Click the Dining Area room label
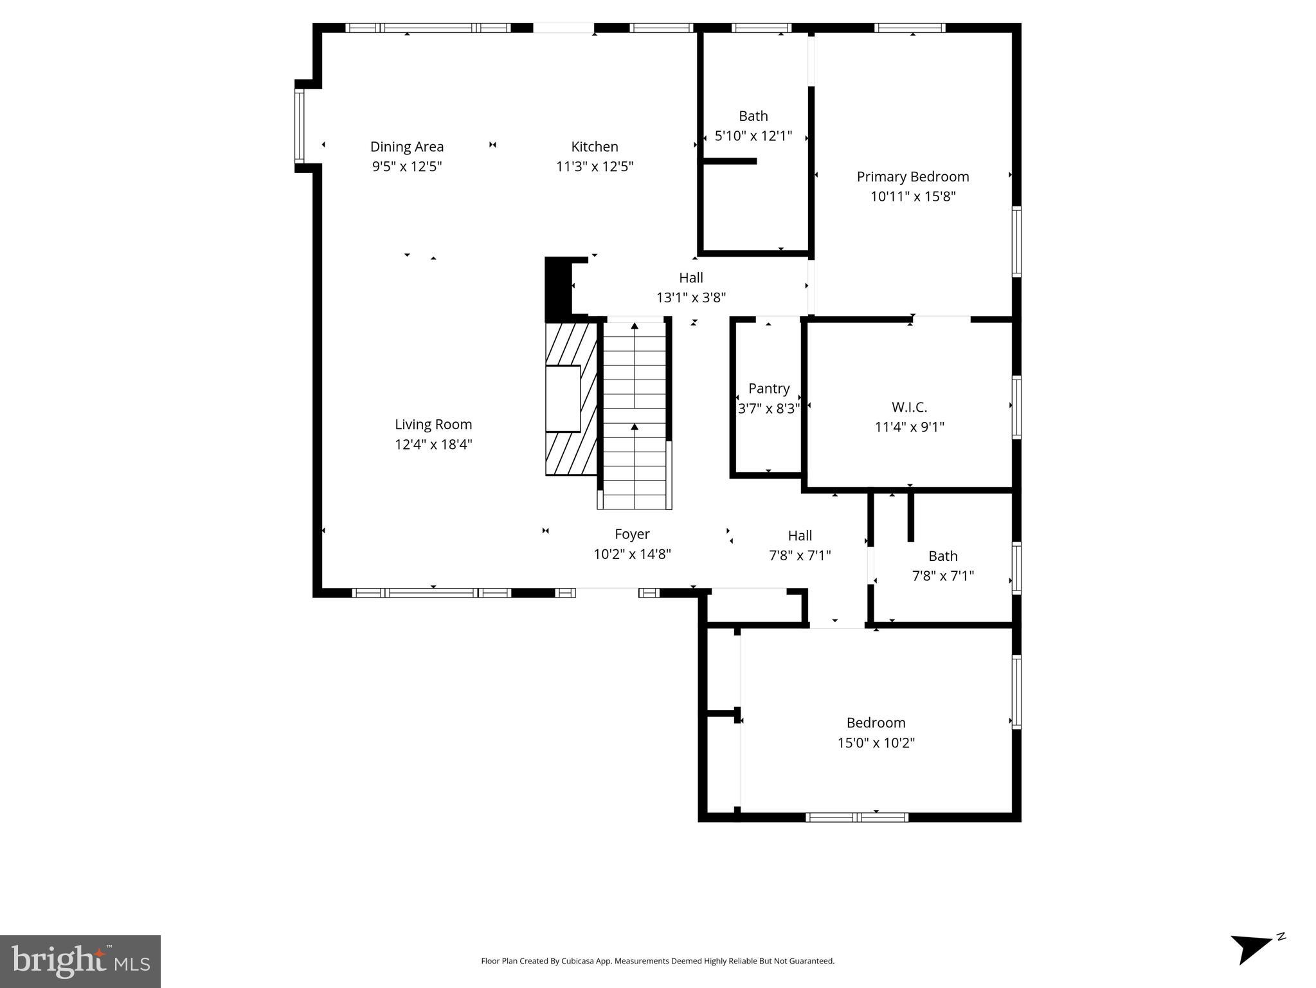click(407, 147)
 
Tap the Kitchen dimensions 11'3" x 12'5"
click(595, 167)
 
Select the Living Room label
click(433, 425)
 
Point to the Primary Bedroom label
click(912, 177)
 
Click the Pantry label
click(769, 389)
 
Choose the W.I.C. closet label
click(909, 407)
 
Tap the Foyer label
click(632, 534)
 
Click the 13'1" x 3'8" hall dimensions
click(691, 298)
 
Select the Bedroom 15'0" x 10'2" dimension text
click(876, 743)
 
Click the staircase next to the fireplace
click(635, 415)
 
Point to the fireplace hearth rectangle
click(563, 399)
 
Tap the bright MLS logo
click(80, 961)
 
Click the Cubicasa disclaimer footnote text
click(658, 961)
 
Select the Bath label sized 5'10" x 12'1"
click(753, 116)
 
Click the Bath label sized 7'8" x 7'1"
click(942, 556)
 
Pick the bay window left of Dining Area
click(300, 125)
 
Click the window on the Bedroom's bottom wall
click(857, 817)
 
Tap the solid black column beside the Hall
click(557, 289)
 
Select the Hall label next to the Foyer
click(800, 536)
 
